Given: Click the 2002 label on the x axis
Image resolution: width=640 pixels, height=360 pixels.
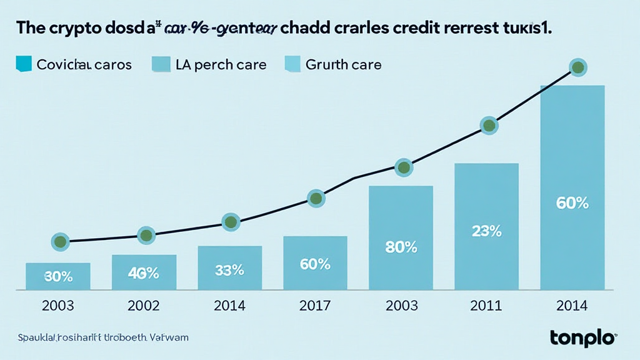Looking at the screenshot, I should click(x=143, y=306).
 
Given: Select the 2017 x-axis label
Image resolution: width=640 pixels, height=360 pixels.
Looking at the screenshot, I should click(x=314, y=306).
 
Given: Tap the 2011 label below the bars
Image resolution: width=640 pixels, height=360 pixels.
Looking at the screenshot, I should click(x=486, y=306).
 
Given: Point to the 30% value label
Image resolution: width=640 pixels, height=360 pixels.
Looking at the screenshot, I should click(x=58, y=276).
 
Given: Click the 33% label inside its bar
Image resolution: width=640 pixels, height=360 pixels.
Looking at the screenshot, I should click(x=229, y=270).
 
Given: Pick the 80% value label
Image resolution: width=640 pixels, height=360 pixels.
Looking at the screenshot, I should click(x=401, y=246).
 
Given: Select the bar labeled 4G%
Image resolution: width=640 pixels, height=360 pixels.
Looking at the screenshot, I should click(x=144, y=272).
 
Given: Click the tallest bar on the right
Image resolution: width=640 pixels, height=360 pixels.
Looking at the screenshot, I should click(x=572, y=187).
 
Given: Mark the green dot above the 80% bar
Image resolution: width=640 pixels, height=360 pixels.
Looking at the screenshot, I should click(x=404, y=167).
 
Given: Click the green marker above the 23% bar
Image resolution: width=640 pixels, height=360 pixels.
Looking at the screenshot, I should click(x=489, y=125).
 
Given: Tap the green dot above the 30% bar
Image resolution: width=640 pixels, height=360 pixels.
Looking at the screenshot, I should click(x=60, y=241).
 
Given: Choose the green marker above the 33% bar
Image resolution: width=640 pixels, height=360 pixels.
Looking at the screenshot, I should click(x=231, y=222).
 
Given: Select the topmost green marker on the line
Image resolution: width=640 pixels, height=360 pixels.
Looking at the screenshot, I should click(x=577, y=67).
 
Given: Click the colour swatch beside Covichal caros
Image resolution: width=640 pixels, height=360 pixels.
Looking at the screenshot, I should click(x=24, y=63).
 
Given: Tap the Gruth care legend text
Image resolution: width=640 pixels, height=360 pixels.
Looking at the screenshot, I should click(x=344, y=64).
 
